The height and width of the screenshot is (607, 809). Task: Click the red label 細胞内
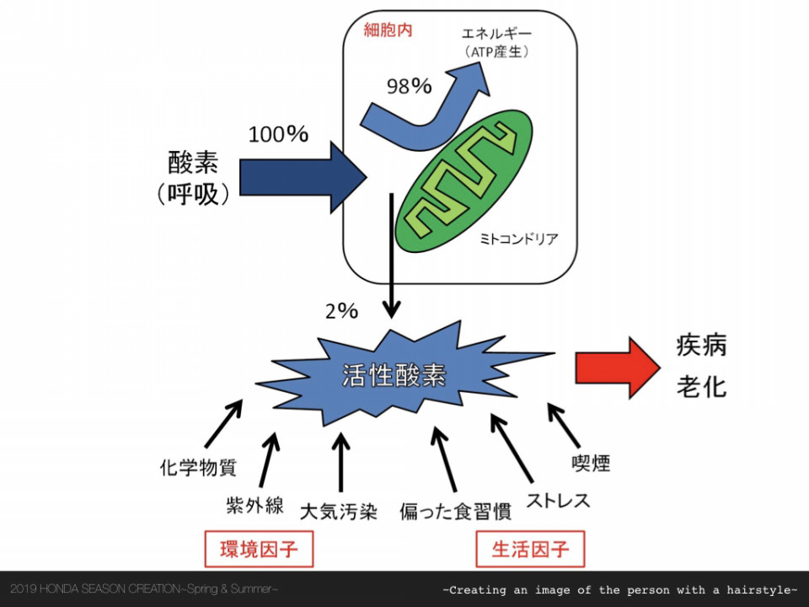click(x=388, y=30)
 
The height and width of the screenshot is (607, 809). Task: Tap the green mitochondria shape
click(x=463, y=180)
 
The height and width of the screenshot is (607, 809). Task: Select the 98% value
click(x=410, y=86)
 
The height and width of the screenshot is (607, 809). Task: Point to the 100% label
click(x=278, y=134)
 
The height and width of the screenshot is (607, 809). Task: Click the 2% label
click(x=341, y=311)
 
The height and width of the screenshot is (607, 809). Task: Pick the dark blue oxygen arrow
click(x=303, y=177)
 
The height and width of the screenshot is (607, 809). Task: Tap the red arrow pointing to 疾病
click(x=618, y=368)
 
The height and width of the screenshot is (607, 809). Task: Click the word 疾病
click(x=701, y=346)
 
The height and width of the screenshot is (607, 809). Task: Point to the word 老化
click(x=701, y=386)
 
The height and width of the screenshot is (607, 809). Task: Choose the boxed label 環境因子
click(x=259, y=549)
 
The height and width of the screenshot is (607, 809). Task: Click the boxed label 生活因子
click(x=530, y=549)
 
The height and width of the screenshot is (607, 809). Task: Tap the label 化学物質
click(x=198, y=468)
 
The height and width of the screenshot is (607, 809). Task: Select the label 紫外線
click(x=254, y=505)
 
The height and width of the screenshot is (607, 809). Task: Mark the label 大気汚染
click(x=339, y=512)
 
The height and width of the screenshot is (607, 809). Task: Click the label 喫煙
click(x=591, y=463)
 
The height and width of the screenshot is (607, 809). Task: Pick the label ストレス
click(x=558, y=500)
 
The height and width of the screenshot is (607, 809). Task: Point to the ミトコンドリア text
click(x=518, y=239)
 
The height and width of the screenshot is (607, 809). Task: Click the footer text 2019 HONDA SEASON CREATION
click(x=95, y=588)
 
